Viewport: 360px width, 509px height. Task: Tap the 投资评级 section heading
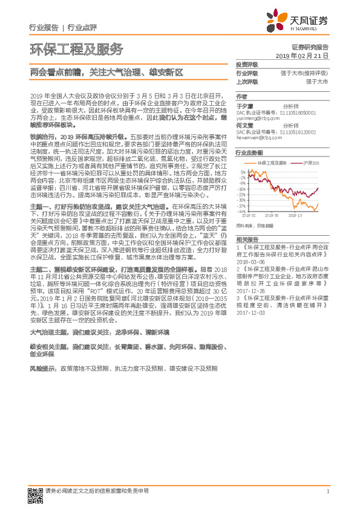coord(247,65)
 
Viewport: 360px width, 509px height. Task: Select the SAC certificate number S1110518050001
coord(303,112)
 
